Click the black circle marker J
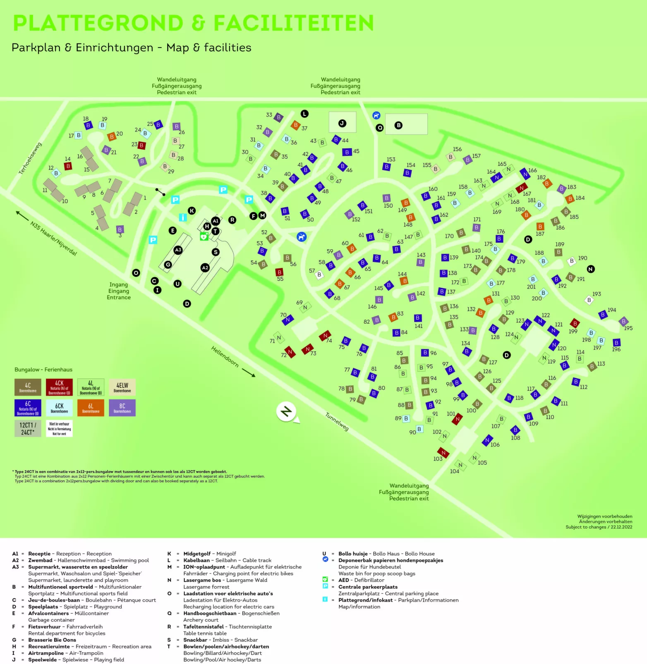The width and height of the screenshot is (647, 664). point(342,123)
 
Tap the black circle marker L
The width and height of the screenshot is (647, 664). point(304,114)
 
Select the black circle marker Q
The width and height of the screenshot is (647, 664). point(379,128)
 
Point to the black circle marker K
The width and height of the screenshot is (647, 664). point(192,210)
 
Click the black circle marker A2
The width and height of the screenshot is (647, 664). point(205,268)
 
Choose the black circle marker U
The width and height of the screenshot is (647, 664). point(177,284)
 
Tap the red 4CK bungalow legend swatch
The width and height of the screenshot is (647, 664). point(59,387)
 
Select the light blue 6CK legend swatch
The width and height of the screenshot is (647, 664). point(59,407)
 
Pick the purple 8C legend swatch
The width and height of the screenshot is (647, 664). point(122,407)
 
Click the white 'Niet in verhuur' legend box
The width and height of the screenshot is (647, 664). point(59,428)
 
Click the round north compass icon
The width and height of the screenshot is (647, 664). point(286,411)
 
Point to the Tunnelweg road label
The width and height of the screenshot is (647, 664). point(337,422)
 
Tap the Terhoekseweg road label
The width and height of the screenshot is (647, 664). point(30,158)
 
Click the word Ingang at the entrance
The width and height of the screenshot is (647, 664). point(118,284)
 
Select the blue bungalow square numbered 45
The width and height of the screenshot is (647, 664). point(347,152)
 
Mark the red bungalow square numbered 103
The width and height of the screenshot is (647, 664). point(443,452)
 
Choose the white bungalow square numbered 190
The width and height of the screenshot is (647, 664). point(572,261)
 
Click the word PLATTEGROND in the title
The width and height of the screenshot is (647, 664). point(98,23)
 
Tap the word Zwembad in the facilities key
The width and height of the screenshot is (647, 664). point(40,560)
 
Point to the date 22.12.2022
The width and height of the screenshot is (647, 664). point(621,527)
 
